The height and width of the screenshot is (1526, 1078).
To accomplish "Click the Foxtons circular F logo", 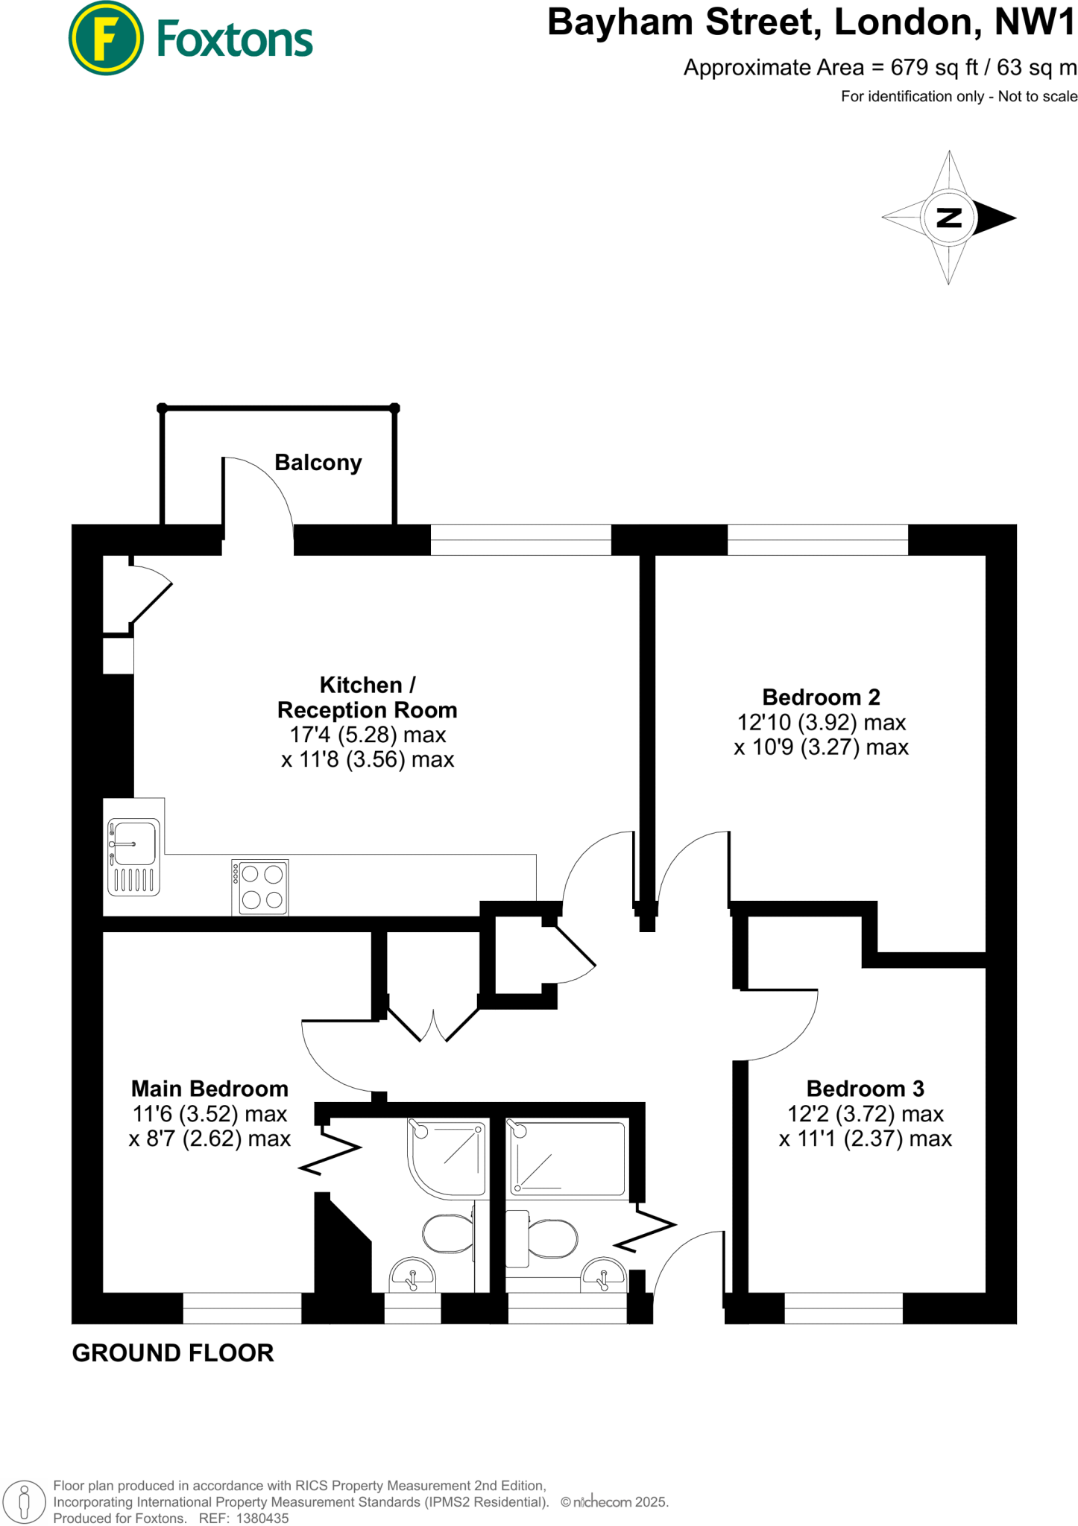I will [106, 39].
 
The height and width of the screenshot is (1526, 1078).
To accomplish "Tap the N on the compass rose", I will [948, 218].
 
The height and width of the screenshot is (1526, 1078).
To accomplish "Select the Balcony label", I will [318, 463].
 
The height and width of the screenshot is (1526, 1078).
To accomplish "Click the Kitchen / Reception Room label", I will [367, 697].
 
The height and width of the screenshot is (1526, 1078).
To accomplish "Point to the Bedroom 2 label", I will [821, 697].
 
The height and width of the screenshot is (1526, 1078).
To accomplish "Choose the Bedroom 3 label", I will [865, 1089].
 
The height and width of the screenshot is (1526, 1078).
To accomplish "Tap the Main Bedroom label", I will [209, 1089].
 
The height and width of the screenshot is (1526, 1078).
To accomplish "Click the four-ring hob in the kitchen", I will [260, 887].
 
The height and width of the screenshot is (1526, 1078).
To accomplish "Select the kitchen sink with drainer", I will [134, 856].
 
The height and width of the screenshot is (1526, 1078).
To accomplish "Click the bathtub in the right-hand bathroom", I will [567, 1158].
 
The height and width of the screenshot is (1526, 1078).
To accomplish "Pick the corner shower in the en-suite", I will [447, 1156].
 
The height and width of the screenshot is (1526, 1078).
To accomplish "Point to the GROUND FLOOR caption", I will [173, 1353].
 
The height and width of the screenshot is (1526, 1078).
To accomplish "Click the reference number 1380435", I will [262, 1518].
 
